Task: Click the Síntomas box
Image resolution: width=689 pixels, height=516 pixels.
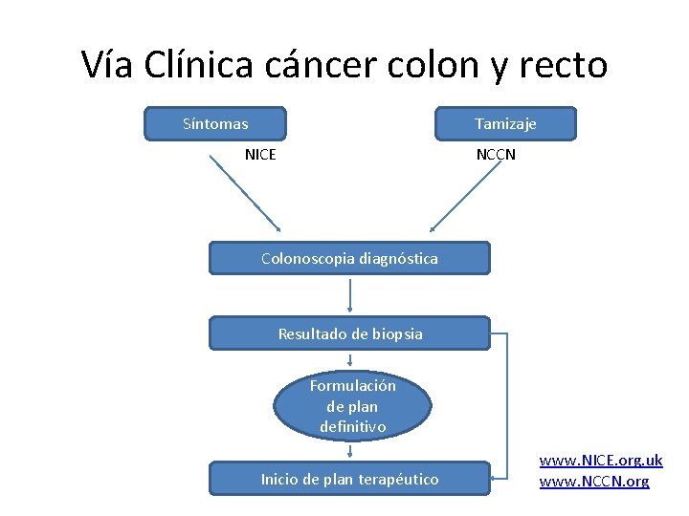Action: [x=215, y=124]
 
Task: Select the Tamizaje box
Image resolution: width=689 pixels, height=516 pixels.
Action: [x=505, y=124]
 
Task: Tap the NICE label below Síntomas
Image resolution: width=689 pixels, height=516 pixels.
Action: [x=260, y=153]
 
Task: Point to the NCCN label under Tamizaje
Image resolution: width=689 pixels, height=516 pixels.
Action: [x=496, y=153]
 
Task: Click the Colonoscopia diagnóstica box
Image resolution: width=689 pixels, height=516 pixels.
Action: [x=349, y=258]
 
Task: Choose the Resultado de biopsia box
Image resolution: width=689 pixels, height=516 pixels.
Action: [x=349, y=333]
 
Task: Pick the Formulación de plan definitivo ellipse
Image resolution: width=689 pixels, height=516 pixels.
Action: [x=352, y=406]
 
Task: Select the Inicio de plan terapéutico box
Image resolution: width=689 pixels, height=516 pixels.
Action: [x=349, y=479]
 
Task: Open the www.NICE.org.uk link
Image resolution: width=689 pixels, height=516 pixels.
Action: [x=600, y=461]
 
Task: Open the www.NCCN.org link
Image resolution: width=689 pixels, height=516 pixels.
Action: [x=594, y=482]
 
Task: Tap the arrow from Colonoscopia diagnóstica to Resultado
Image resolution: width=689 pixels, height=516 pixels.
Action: [x=351, y=295]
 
